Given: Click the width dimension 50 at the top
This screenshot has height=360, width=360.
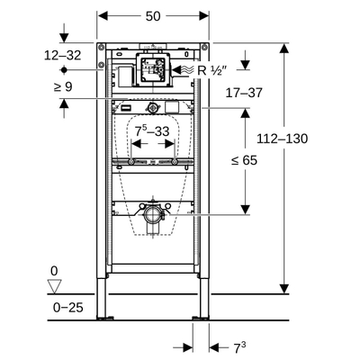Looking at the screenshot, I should coord(154,16).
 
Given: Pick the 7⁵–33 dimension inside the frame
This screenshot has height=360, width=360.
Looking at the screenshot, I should coord(153,132).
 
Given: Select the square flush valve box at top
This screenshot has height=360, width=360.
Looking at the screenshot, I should coord(153,68).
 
